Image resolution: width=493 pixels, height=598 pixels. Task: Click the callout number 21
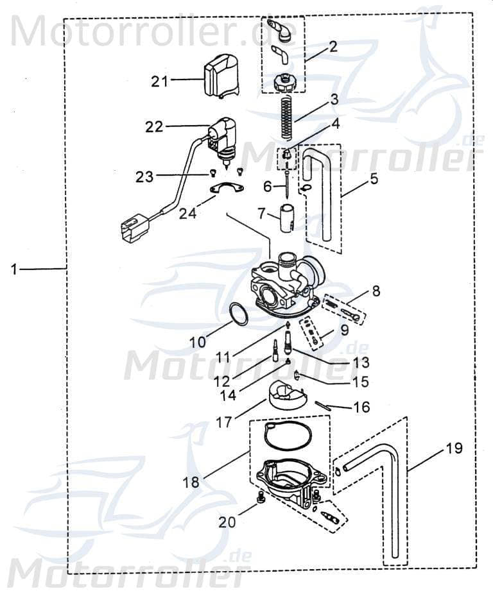[160, 81]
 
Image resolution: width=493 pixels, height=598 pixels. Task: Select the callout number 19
[453, 448]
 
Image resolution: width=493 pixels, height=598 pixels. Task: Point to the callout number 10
[198, 343]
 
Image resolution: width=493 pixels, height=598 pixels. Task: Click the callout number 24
[187, 213]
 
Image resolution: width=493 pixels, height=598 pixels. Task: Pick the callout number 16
[361, 407]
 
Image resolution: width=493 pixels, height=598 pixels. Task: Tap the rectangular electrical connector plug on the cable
[134, 228]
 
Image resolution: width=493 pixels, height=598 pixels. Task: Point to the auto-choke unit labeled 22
[223, 138]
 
